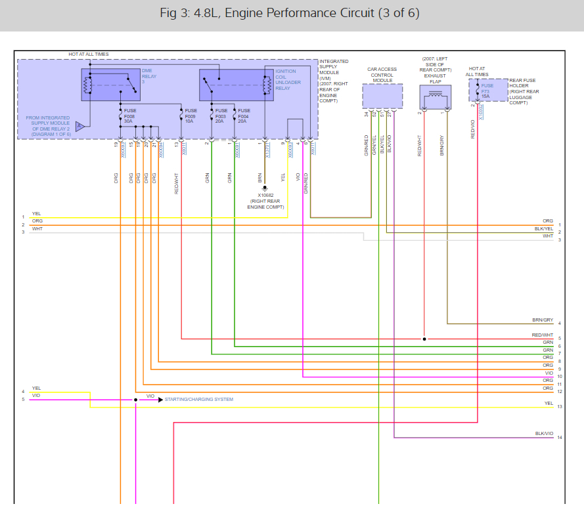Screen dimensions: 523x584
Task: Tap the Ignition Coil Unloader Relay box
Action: [x=236, y=84]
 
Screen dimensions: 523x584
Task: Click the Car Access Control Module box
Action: [x=382, y=96]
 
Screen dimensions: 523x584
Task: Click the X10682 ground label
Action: [x=265, y=196]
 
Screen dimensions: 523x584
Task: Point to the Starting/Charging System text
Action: [x=198, y=399]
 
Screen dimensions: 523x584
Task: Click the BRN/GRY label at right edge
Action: [x=543, y=320]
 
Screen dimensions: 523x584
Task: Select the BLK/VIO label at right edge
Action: [x=544, y=434]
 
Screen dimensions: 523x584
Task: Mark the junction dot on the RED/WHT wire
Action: [x=424, y=339]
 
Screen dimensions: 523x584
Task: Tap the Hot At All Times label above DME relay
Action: [x=89, y=54]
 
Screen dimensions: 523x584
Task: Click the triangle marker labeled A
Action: [x=79, y=126]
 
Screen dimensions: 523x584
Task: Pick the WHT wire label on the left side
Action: [x=36, y=228]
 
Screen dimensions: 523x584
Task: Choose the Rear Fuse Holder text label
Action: [x=524, y=91]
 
